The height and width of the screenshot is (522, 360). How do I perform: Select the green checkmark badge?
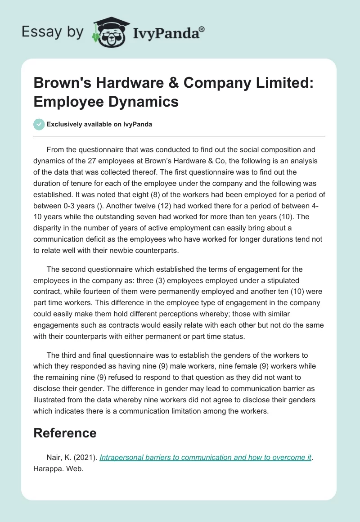point(40,124)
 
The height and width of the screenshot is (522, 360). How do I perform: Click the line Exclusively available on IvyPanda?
point(99,124)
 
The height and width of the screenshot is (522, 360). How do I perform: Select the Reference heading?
point(65,433)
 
